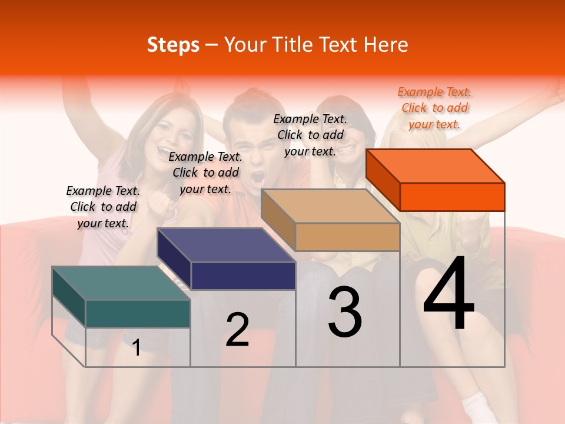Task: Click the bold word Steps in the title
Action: (x=173, y=45)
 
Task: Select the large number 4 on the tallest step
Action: (x=449, y=294)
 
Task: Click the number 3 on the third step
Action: (x=345, y=312)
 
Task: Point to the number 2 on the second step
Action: (x=238, y=330)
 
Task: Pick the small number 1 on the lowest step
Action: (x=137, y=347)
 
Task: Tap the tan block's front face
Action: (x=347, y=237)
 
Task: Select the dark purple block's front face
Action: (x=243, y=276)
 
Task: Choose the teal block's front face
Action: (x=138, y=313)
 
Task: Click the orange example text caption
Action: (x=434, y=108)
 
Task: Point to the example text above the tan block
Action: (x=310, y=135)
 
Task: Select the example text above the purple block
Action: (x=205, y=173)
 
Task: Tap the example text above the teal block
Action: (x=103, y=207)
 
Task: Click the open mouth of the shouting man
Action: (x=258, y=178)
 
